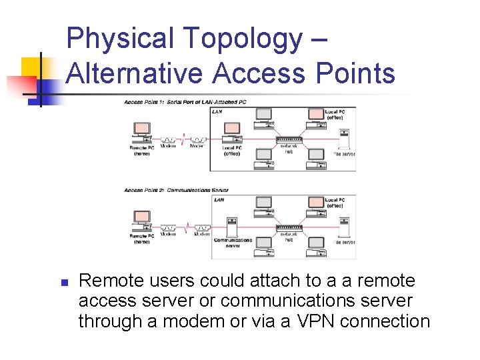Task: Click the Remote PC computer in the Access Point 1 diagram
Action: [x=142, y=131]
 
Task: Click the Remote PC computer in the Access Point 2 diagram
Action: [x=142, y=220]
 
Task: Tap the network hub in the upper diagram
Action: [x=289, y=139]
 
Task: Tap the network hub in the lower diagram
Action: [x=289, y=227]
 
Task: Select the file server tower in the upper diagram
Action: [x=344, y=139]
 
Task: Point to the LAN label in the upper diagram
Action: [x=217, y=112]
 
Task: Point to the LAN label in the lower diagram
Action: [x=219, y=199]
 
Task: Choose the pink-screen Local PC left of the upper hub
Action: [x=232, y=129]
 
